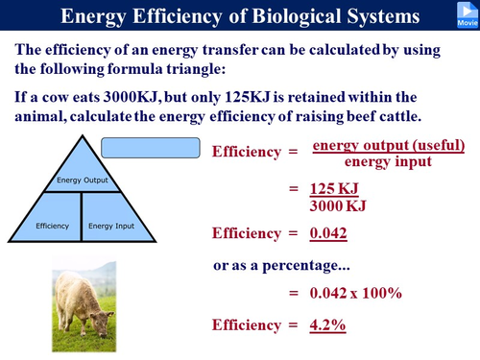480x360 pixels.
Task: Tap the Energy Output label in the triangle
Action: [x=82, y=179]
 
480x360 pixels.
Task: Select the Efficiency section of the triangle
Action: [x=52, y=226]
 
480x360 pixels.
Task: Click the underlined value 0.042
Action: [x=328, y=232]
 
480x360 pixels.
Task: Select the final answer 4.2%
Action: [x=327, y=324]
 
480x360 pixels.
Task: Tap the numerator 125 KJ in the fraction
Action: [x=335, y=188]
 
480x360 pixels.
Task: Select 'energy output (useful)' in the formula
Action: [x=389, y=145]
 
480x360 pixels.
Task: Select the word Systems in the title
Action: [x=378, y=16]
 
